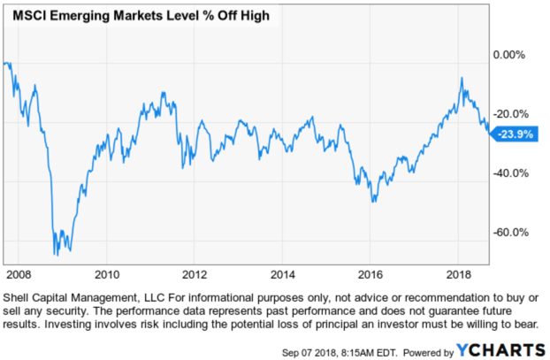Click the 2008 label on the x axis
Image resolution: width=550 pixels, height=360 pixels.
click(x=19, y=273)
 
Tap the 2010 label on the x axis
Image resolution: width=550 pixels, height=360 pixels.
click(x=106, y=273)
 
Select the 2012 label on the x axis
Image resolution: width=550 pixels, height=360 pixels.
click(x=194, y=273)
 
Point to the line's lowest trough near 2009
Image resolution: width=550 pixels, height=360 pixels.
click(x=57, y=255)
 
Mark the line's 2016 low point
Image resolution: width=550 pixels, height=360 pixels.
click(x=373, y=202)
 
